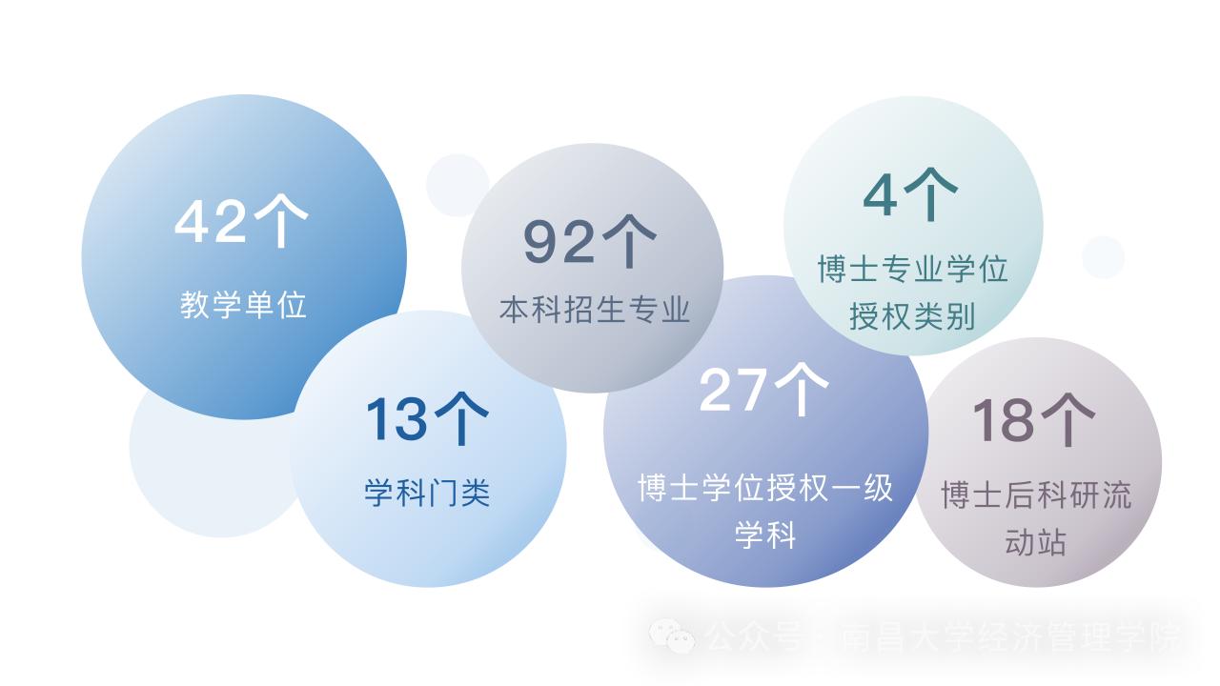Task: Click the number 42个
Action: click(x=241, y=222)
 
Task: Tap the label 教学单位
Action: click(x=243, y=305)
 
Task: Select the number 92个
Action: click(x=590, y=242)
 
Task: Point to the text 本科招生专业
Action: click(x=594, y=311)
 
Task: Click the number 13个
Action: click(x=427, y=418)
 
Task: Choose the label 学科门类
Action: click(x=427, y=493)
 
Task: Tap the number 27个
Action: click(x=764, y=389)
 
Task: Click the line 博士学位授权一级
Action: click(x=765, y=488)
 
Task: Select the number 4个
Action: click(x=910, y=194)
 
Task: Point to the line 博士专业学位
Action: click(x=912, y=270)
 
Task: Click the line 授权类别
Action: click(x=912, y=315)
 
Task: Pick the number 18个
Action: click(x=1034, y=419)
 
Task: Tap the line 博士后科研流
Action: click(x=1036, y=495)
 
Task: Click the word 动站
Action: click(x=1036, y=541)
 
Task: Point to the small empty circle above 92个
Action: click(x=457, y=185)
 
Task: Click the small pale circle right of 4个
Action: click(x=1103, y=257)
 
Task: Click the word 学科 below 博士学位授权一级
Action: click(x=765, y=535)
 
